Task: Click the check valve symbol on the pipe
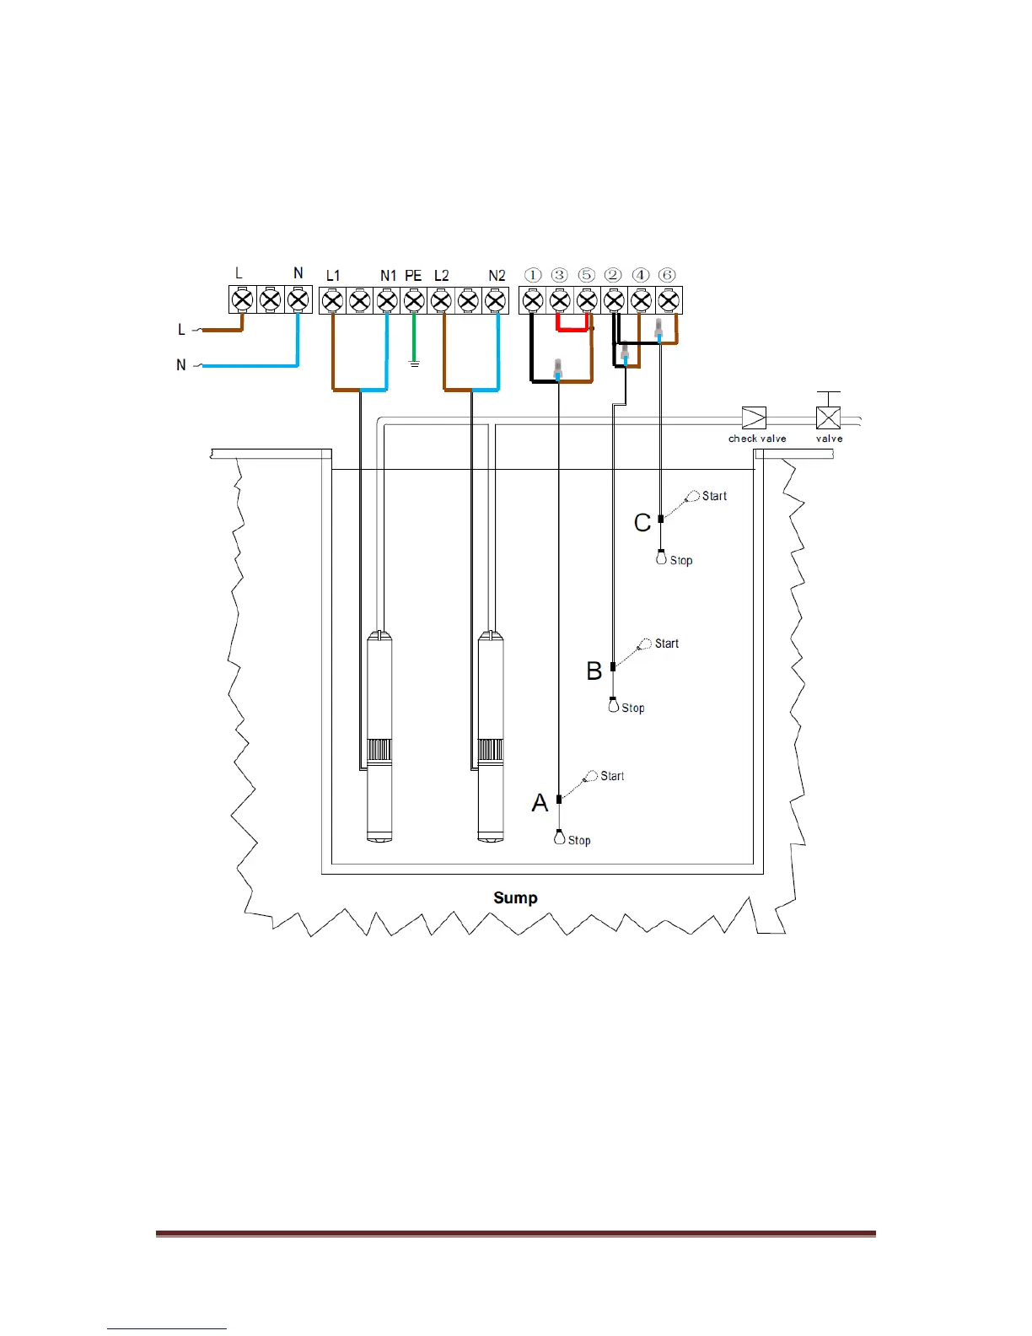click(x=754, y=418)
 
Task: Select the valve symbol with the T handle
click(x=829, y=417)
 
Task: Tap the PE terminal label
click(x=413, y=276)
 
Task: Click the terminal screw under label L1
click(x=333, y=300)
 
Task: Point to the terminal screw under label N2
click(x=496, y=300)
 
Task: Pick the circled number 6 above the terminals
click(x=668, y=275)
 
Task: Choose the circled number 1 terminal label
click(x=533, y=275)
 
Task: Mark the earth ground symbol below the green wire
click(x=414, y=364)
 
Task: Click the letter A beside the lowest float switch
click(x=540, y=803)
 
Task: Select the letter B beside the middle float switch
click(x=594, y=671)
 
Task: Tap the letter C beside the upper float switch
click(x=642, y=523)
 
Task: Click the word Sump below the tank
click(x=515, y=898)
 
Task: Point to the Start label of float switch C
click(x=714, y=496)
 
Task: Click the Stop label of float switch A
click(x=579, y=841)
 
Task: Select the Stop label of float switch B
click(x=633, y=708)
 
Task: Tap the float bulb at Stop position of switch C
click(x=662, y=558)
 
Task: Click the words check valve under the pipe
click(x=757, y=439)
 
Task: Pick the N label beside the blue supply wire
click(x=181, y=365)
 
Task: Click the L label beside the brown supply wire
click(x=181, y=330)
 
